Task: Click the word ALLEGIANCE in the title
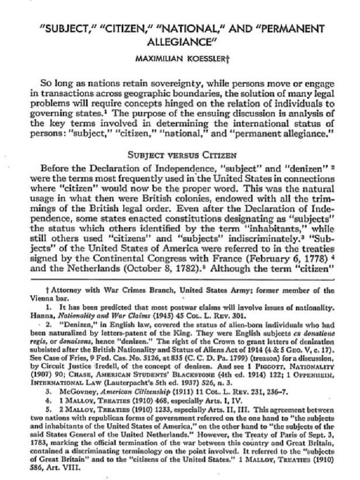pyautogui.click(x=180, y=41)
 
